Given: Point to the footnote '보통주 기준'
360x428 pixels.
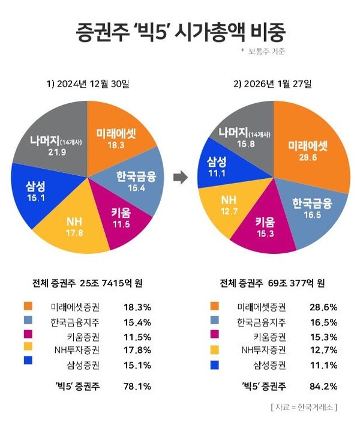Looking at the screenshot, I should click(x=265, y=52).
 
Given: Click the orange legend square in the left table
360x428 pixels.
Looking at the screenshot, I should click(x=27, y=307).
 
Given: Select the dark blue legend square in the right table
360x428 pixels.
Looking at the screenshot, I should click(x=214, y=364).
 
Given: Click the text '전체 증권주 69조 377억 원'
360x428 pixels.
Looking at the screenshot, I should click(x=272, y=283).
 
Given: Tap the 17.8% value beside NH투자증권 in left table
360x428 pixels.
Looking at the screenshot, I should click(x=138, y=349).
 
